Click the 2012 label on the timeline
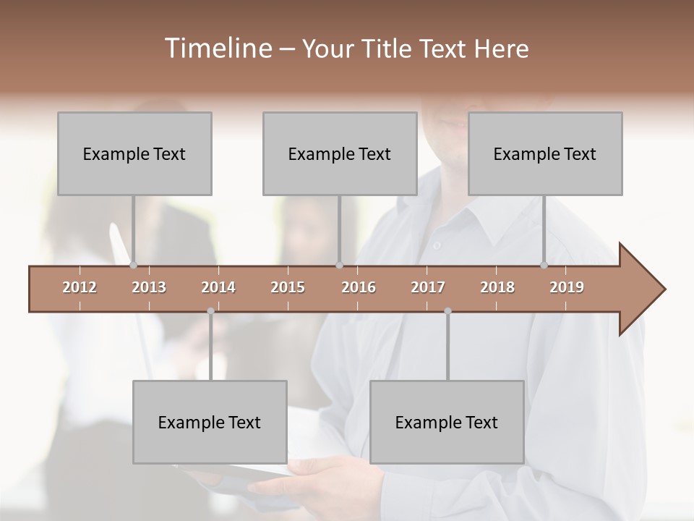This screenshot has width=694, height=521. click(80, 287)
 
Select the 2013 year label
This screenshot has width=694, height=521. click(149, 287)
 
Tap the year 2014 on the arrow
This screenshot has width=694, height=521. click(218, 287)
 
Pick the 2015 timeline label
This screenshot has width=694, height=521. click(288, 287)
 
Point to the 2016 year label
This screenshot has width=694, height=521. click(359, 287)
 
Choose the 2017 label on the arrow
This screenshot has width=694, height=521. click(428, 287)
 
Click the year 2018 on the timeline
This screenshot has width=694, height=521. click(497, 287)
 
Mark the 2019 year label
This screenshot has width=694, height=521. click(567, 287)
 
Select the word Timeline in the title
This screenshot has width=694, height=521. click(216, 48)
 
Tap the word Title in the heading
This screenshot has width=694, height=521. click(387, 48)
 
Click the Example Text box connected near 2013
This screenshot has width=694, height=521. click(134, 153)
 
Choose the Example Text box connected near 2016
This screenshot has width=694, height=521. click(340, 153)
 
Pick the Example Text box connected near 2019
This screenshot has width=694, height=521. click(545, 153)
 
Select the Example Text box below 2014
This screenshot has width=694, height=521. click(210, 422)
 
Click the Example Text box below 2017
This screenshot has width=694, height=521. click(447, 422)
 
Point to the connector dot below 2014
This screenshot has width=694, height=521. click(210, 311)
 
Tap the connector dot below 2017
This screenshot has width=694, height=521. click(447, 311)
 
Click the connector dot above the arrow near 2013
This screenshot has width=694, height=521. click(133, 265)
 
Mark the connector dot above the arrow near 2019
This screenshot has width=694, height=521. click(544, 265)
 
